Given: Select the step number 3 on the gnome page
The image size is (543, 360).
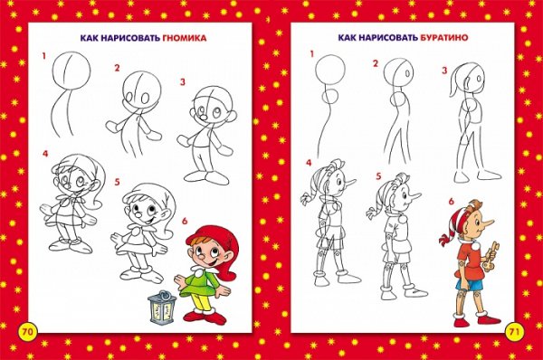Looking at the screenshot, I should (x=182, y=82).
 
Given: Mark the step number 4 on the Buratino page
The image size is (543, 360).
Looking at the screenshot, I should (x=309, y=162).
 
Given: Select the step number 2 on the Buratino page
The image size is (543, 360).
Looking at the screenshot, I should (x=375, y=63).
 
